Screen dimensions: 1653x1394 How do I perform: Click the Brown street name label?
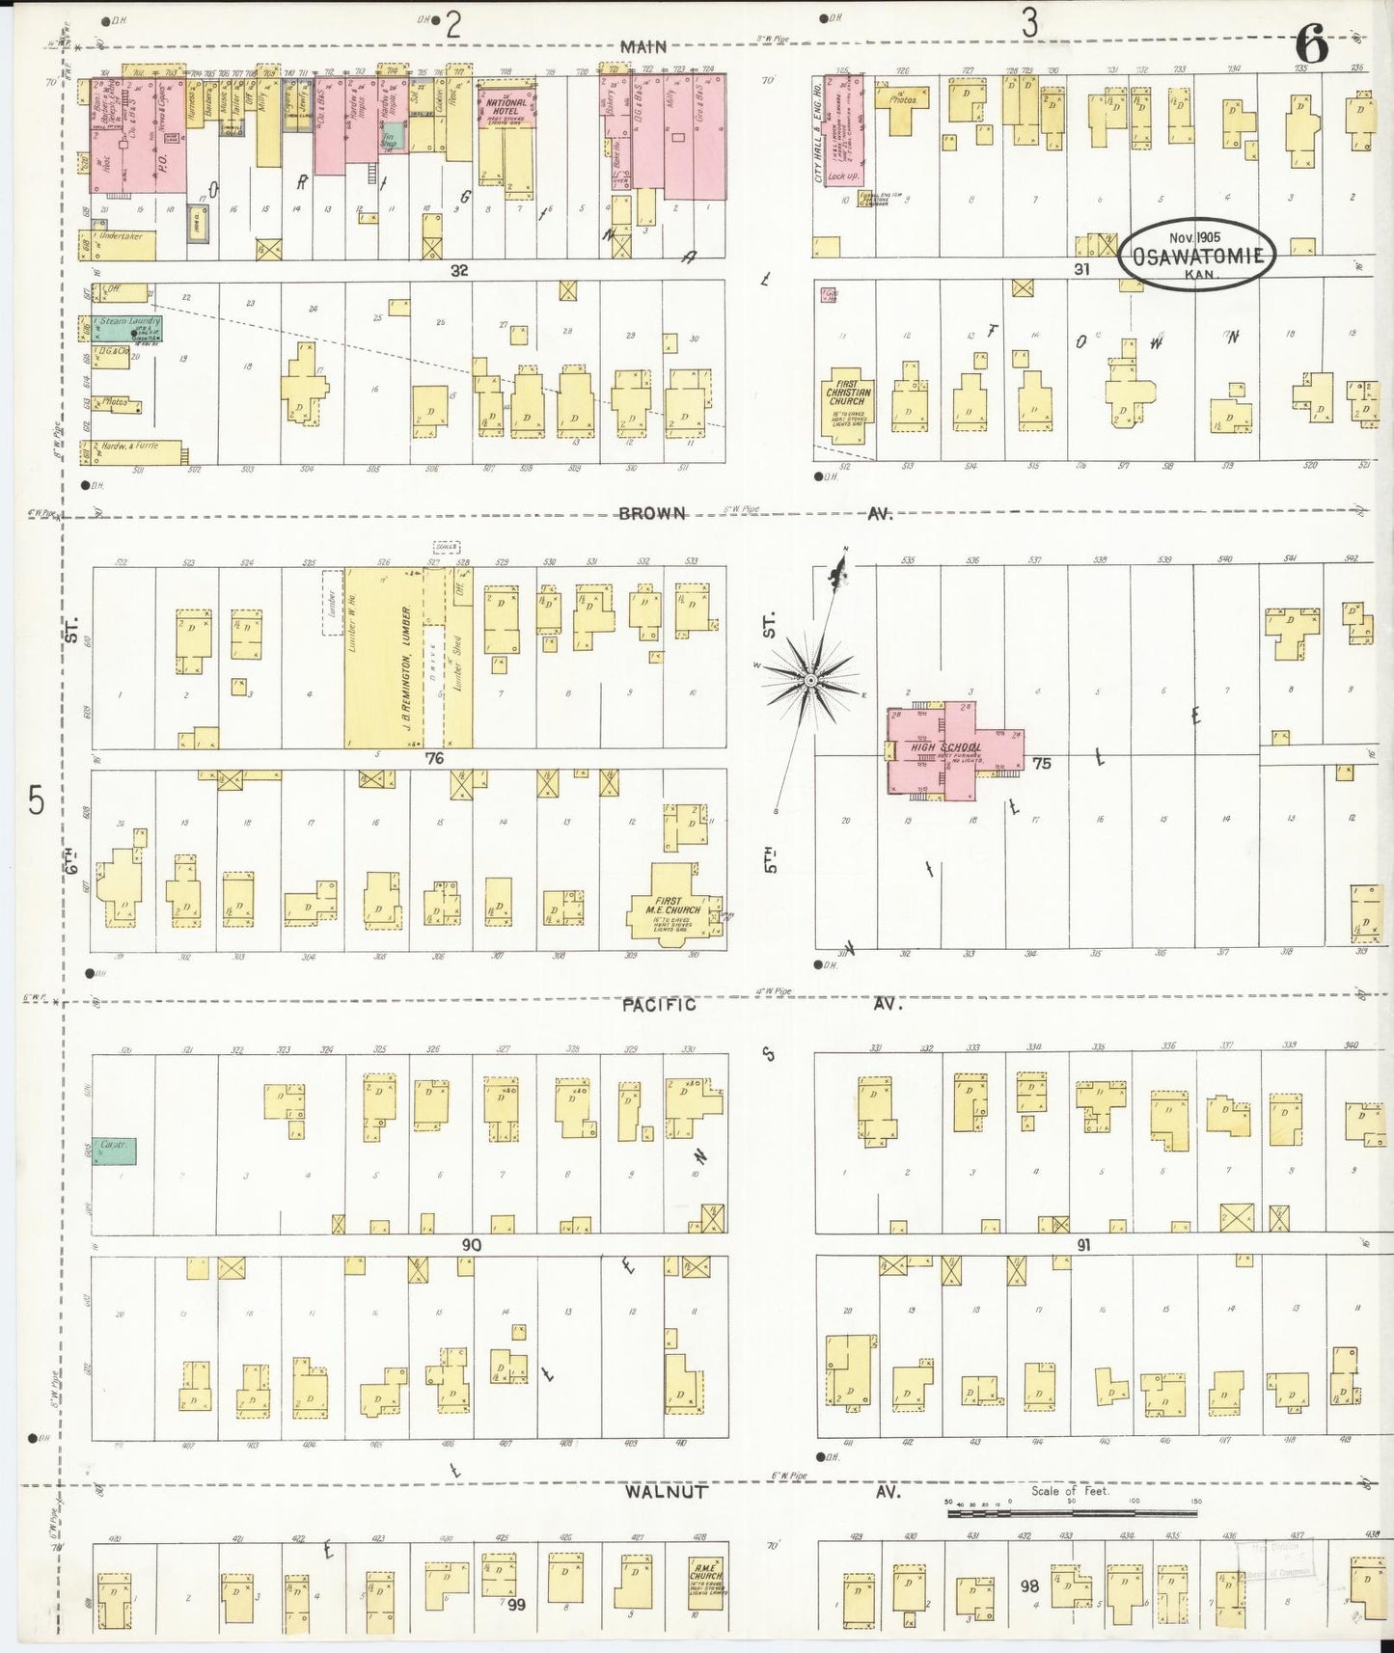click(652, 514)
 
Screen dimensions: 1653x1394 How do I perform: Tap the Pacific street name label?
click(658, 1004)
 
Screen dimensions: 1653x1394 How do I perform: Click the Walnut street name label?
click(666, 1491)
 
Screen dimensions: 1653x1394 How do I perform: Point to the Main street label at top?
click(643, 46)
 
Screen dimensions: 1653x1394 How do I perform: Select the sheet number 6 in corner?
click(1311, 45)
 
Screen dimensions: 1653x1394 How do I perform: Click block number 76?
click(435, 759)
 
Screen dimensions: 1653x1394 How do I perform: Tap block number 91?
click(1082, 1245)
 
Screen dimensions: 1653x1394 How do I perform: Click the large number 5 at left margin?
click(36, 800)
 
